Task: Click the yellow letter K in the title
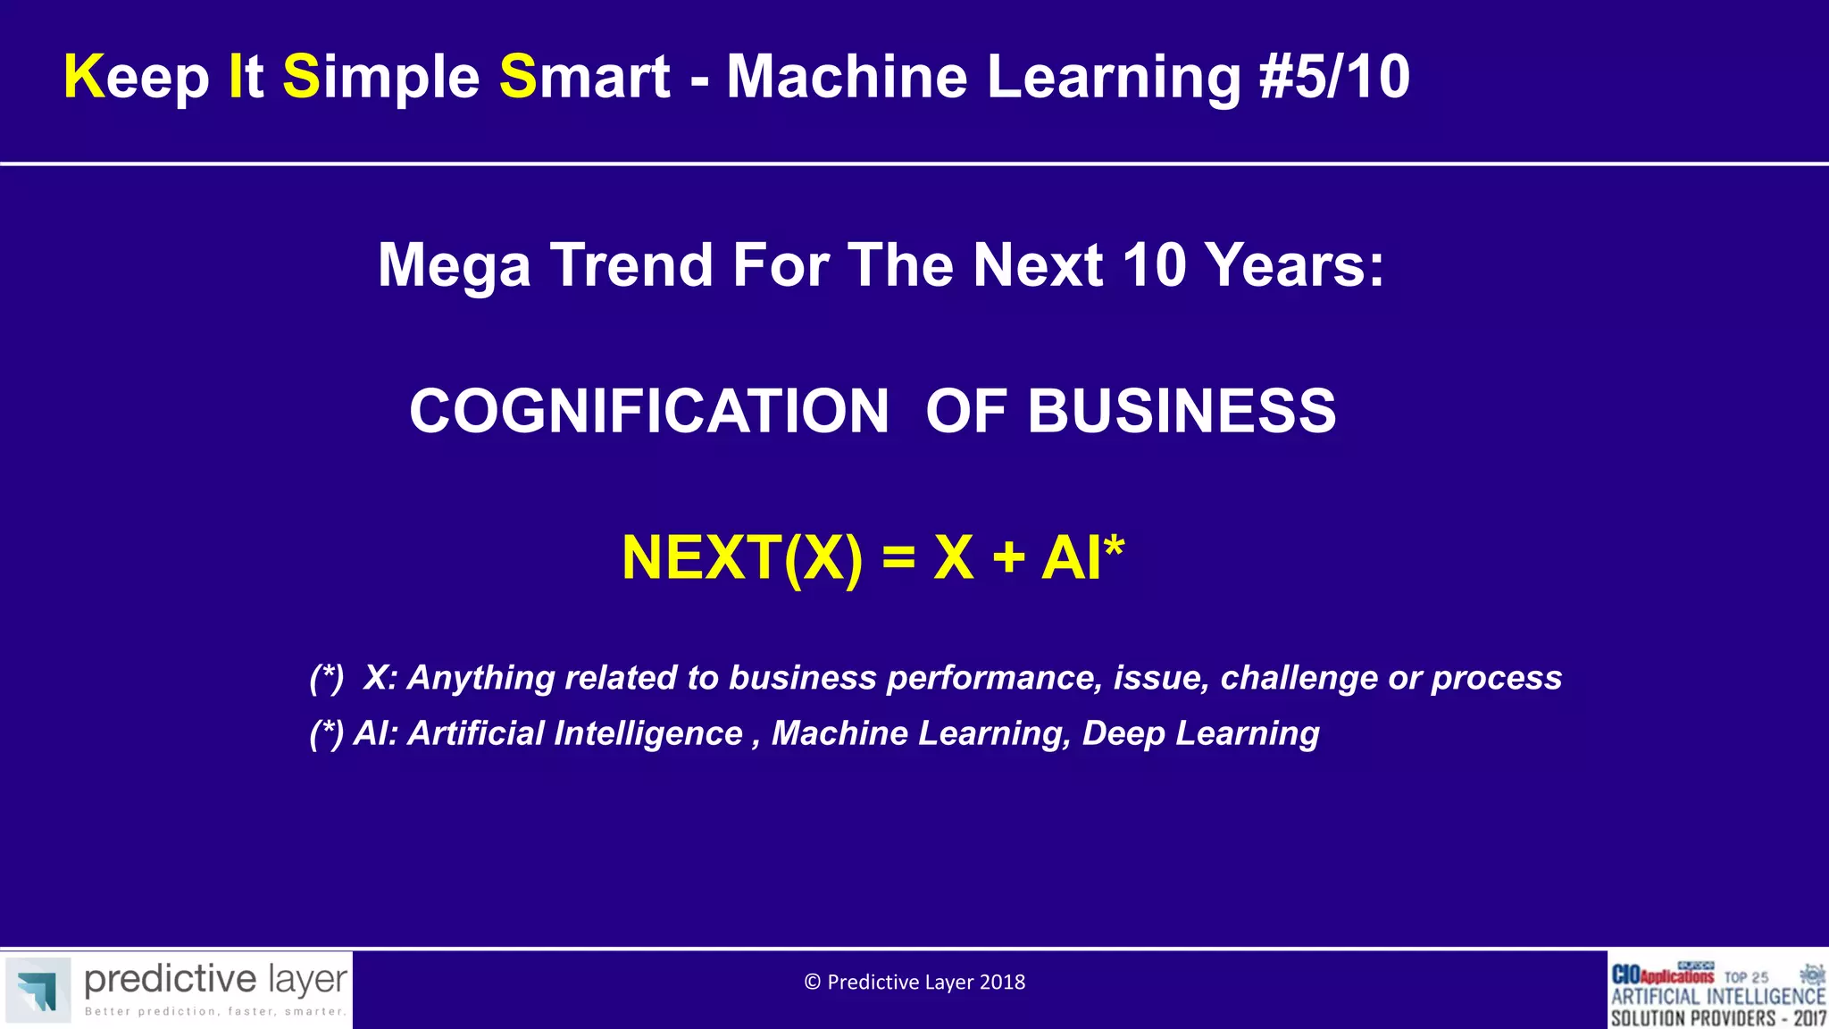(x=84, y=77)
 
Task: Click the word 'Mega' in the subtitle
(x=454, y=266)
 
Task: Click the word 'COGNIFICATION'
(x=648, y=412)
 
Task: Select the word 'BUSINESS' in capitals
(x=1182, y=412)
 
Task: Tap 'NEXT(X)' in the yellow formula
(x=742, y=558)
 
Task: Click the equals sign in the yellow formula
(x=898, y=558)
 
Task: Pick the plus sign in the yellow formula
(x=1008, y=558)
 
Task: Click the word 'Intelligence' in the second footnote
(x=647, y=733)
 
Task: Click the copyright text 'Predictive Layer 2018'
(x=925, y=983)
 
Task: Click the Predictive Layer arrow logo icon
(x=38, y=990)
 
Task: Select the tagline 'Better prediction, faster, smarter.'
(x=215, y=1012)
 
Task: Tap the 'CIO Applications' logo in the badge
(x=1662, y=975)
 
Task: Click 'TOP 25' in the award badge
(x=1746, y=977)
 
